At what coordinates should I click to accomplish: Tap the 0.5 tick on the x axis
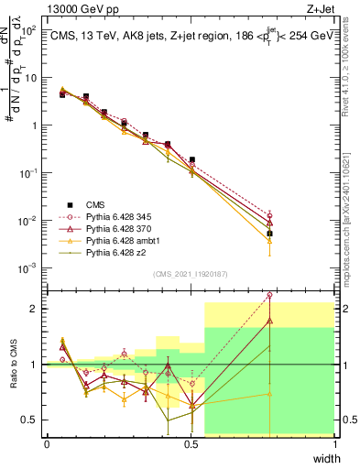[x=191, y=443]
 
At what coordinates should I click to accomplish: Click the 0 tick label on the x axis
[x=47, y=443]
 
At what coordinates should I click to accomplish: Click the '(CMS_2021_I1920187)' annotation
[x=190, y=273]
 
